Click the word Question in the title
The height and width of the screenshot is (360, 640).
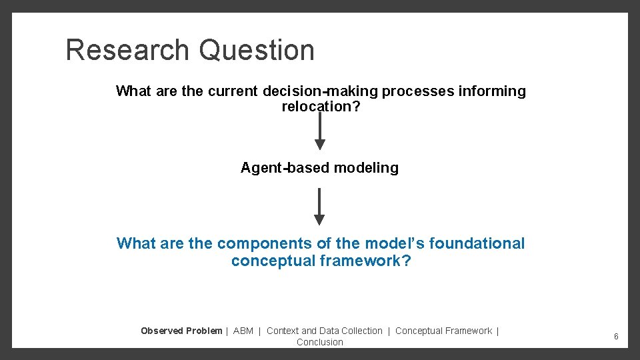tap(256, 51)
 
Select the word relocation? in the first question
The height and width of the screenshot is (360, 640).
tap(321, 107)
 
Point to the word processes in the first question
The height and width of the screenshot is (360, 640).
tap(418, 91)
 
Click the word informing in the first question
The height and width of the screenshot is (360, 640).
tap(492, 91)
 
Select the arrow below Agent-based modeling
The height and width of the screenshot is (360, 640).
tap(320, 207)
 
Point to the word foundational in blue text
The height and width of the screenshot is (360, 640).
tap(477, 244)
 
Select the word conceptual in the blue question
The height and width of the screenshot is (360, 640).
tap(273, 261)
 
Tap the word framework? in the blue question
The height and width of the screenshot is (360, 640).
tap(365, 261)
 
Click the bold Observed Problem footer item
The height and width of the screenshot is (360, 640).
tap(181, 331)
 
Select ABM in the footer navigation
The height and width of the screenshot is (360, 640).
tap(243, 331)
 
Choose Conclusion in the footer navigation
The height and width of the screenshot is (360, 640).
tap(320, 342)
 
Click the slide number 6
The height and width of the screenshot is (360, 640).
tap(616, 337)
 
